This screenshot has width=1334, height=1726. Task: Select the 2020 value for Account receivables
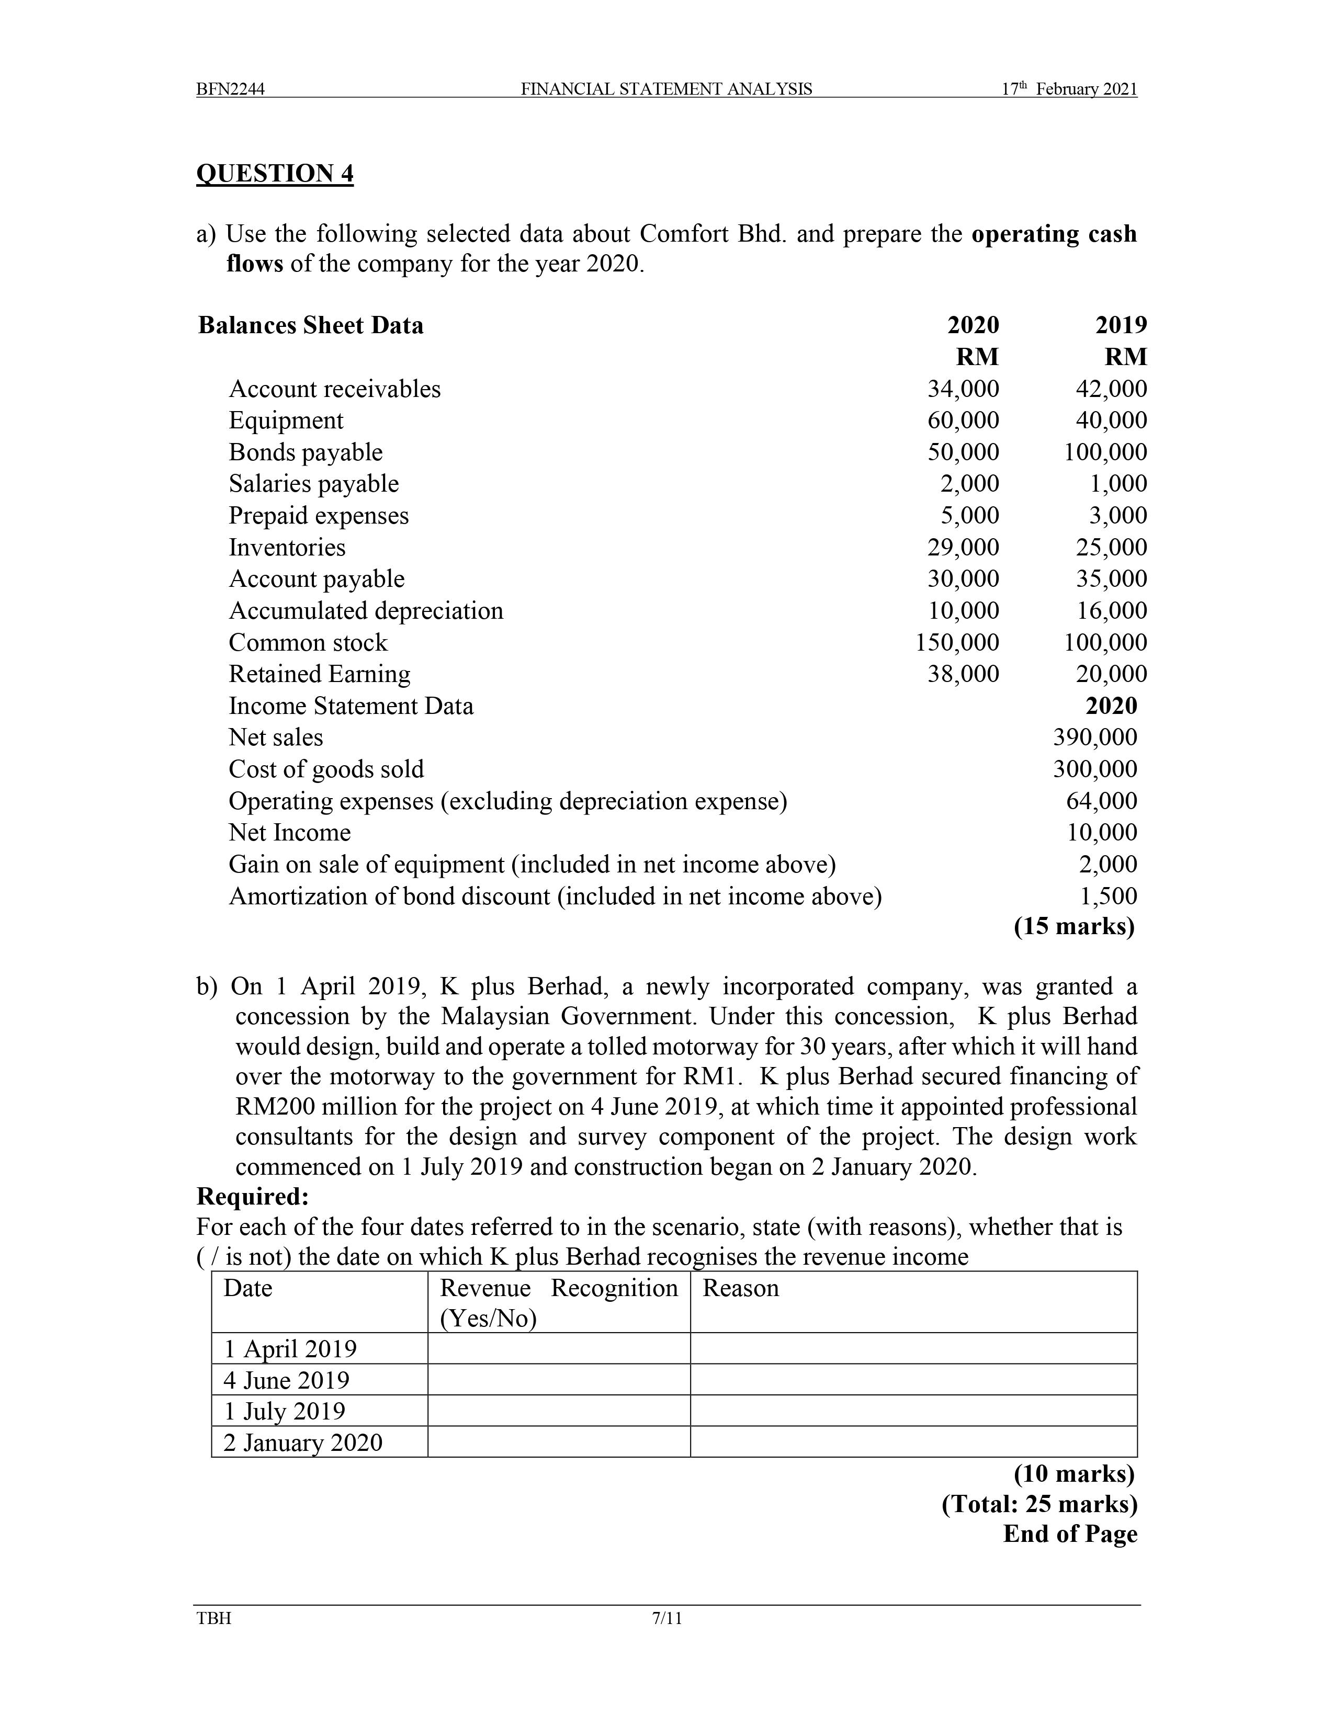pyautogui.click(x=963, y=389)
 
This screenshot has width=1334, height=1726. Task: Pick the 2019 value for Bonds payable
pyautogui.click(x=1105, y=452)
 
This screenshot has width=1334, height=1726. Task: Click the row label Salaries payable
pyautogui.click(x=314, y=484)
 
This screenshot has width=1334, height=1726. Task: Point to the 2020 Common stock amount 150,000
pyautogui.click(x=957, y=642)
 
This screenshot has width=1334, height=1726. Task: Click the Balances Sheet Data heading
pyautogui.click(x=311, y=326)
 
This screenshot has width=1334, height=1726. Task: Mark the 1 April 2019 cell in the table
pyautogui.click(x=290, y=1348)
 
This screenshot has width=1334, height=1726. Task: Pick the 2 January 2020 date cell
pyautogui.click(x=303, y=1443)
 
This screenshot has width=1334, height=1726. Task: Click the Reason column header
pyautogui.click(x=740, y=1288)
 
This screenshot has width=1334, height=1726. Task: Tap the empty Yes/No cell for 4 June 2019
pyautogui.click(x=559, y=1380)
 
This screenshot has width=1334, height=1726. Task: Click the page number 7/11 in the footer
pyautogui.click(x=666, y=1619)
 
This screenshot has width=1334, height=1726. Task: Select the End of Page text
pyautogui.click(x=1069, y=1534)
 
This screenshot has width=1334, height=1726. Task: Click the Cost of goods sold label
pyautogui.click(x=326, y=769)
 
